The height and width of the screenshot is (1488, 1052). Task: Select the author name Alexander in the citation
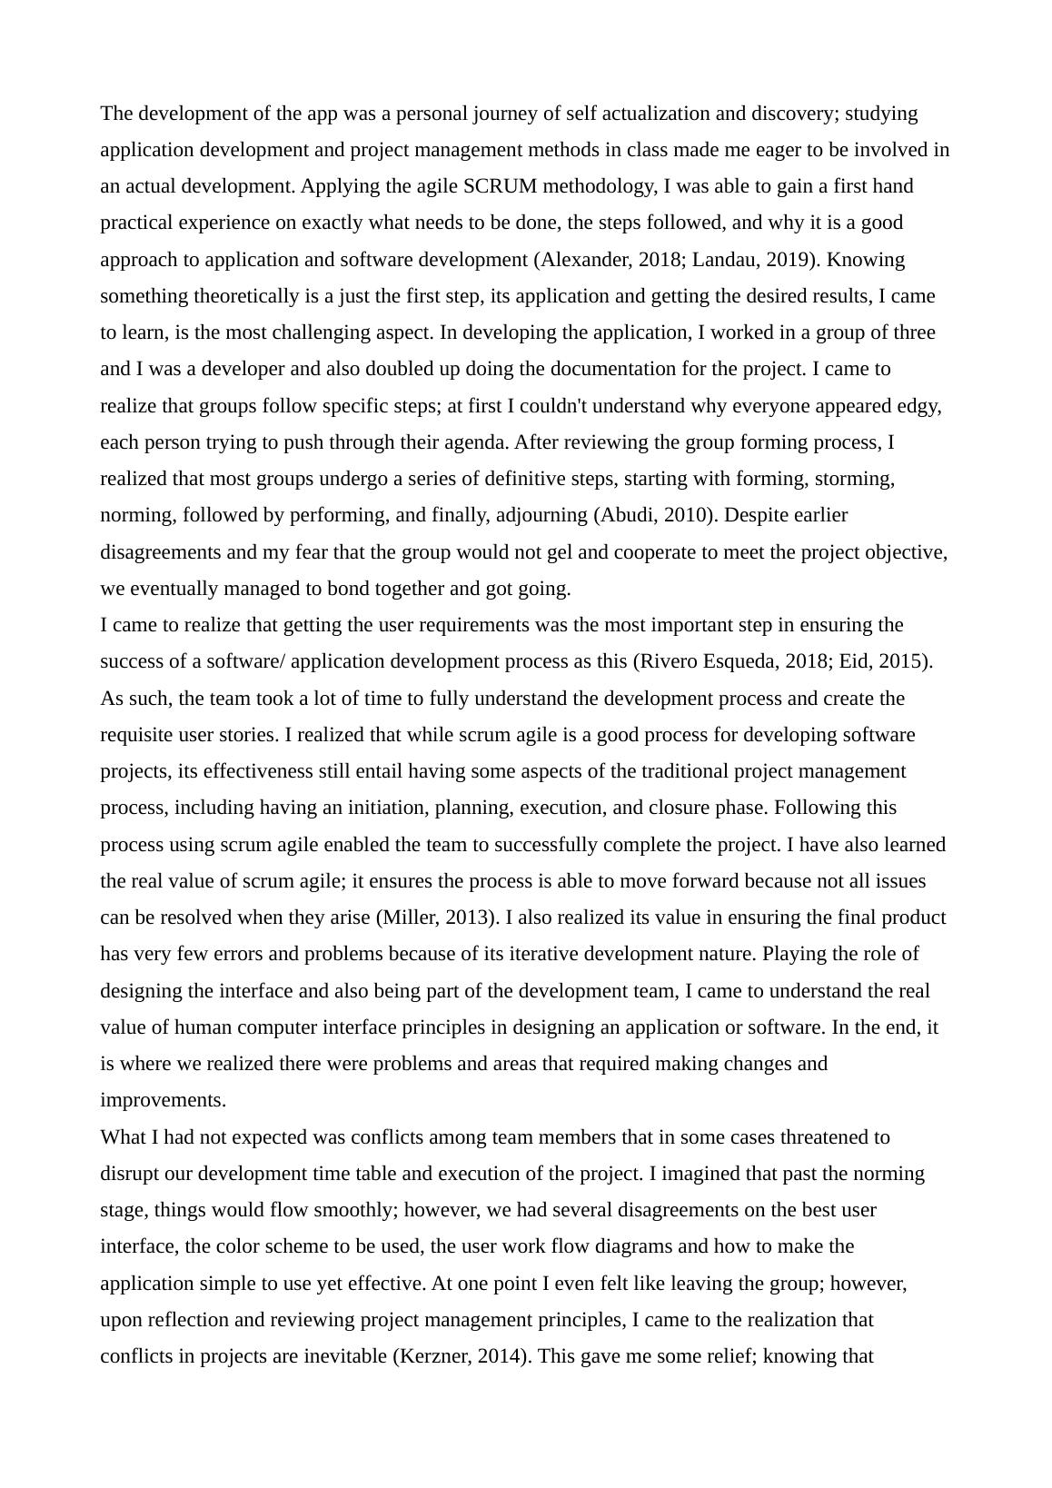tap(582, 260)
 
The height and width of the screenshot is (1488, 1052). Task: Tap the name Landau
tap(725, 260)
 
